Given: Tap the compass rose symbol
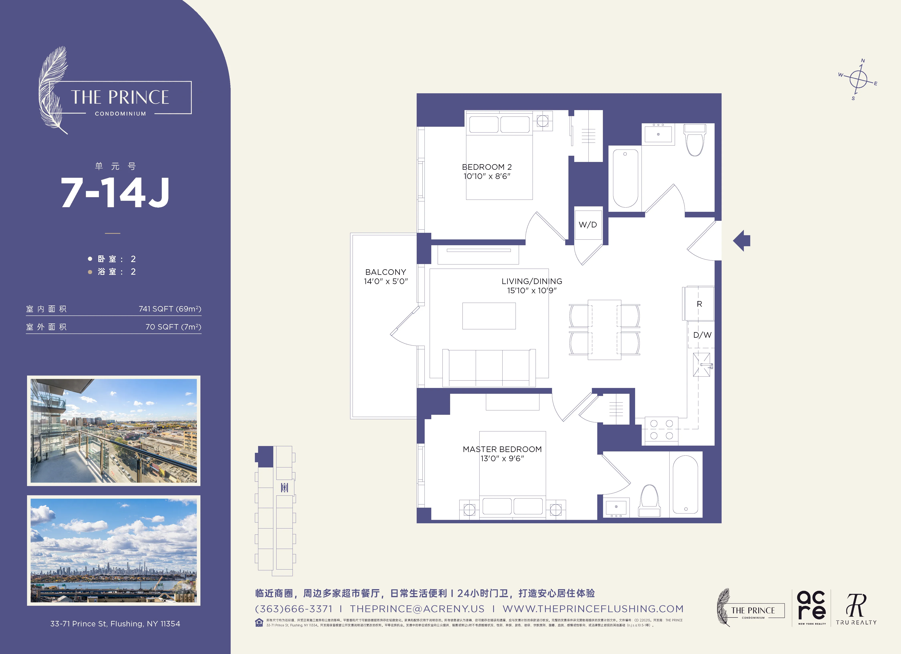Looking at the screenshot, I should (x=858, y=79).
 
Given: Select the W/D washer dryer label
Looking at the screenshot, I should (x=588, y=225).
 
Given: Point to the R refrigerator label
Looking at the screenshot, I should (x=699, y=304).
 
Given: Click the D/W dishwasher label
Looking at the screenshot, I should (x=702, y=335).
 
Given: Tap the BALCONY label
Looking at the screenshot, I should (x=385, y=272).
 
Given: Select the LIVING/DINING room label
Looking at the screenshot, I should (x=532, y=281).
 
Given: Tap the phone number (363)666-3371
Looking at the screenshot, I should (x=294, y=609).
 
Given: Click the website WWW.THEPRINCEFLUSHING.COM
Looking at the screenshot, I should (x=593, y=609).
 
